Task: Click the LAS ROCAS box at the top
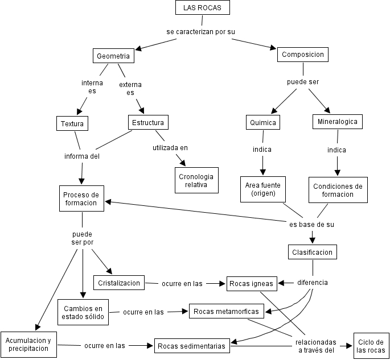pyautogui.click(x=202, y=7)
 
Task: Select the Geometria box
pyautogui.click(x=113, y=56)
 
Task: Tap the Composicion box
pyautogui.click(x=303, y=55)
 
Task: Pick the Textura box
pyautogui.click(x=72, y=123)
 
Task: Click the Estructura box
pyautogui.click(x=147, y=122)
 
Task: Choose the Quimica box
pyautogui.click(x=262, y=122)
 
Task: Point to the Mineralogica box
pyautogui.click(x=337, y=121)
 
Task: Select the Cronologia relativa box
pyautogui.click(x=196, y=180)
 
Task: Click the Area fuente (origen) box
pyautogui.click(x=263, y=189)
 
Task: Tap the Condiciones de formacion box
pyautogui.click(x=338, y=190)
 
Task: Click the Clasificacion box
pyautogui.click(x=313, y=252)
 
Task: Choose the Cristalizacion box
pyautogui.click(x=119, y=283)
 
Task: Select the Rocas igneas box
pyautogui.click(x=252, y=283)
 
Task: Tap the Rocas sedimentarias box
pyautogui.click(x=192, y=345)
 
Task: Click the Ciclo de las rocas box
pyautogui.click(x=371, y=346)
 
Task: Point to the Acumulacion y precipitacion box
pyautogui.click(x=28, y=344)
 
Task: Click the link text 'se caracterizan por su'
pyautogui.click(x=200, y=31)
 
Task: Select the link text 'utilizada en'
pyautogui.click(x=170, y=148)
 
